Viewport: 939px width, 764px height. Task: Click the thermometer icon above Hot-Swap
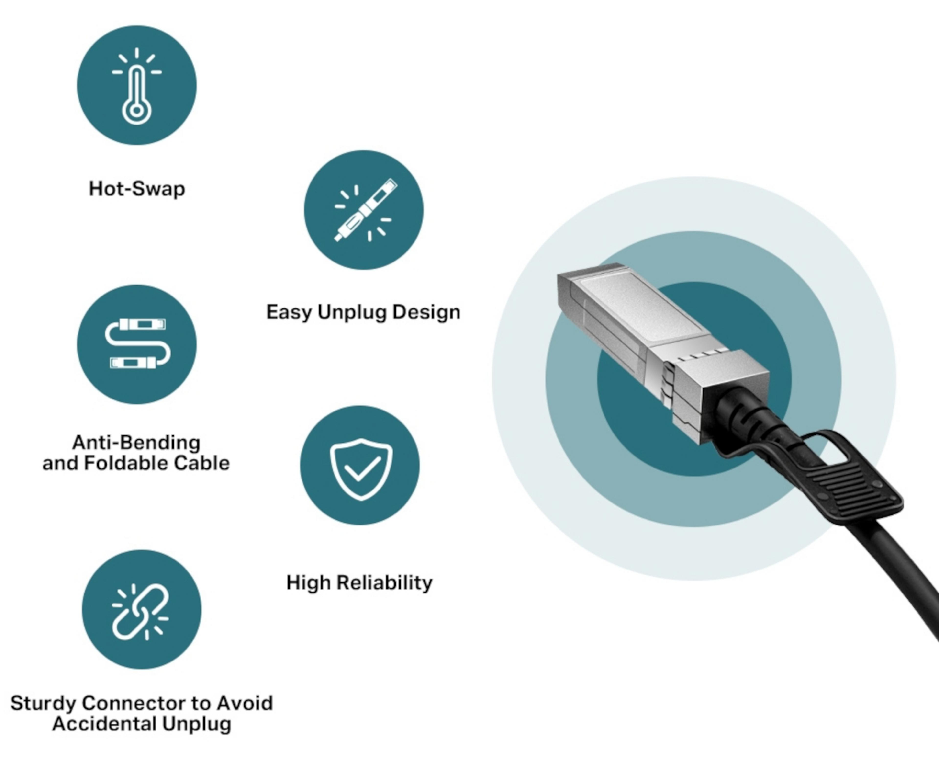click(136, 86)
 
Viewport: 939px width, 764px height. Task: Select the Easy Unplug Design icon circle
click(364, 210)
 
